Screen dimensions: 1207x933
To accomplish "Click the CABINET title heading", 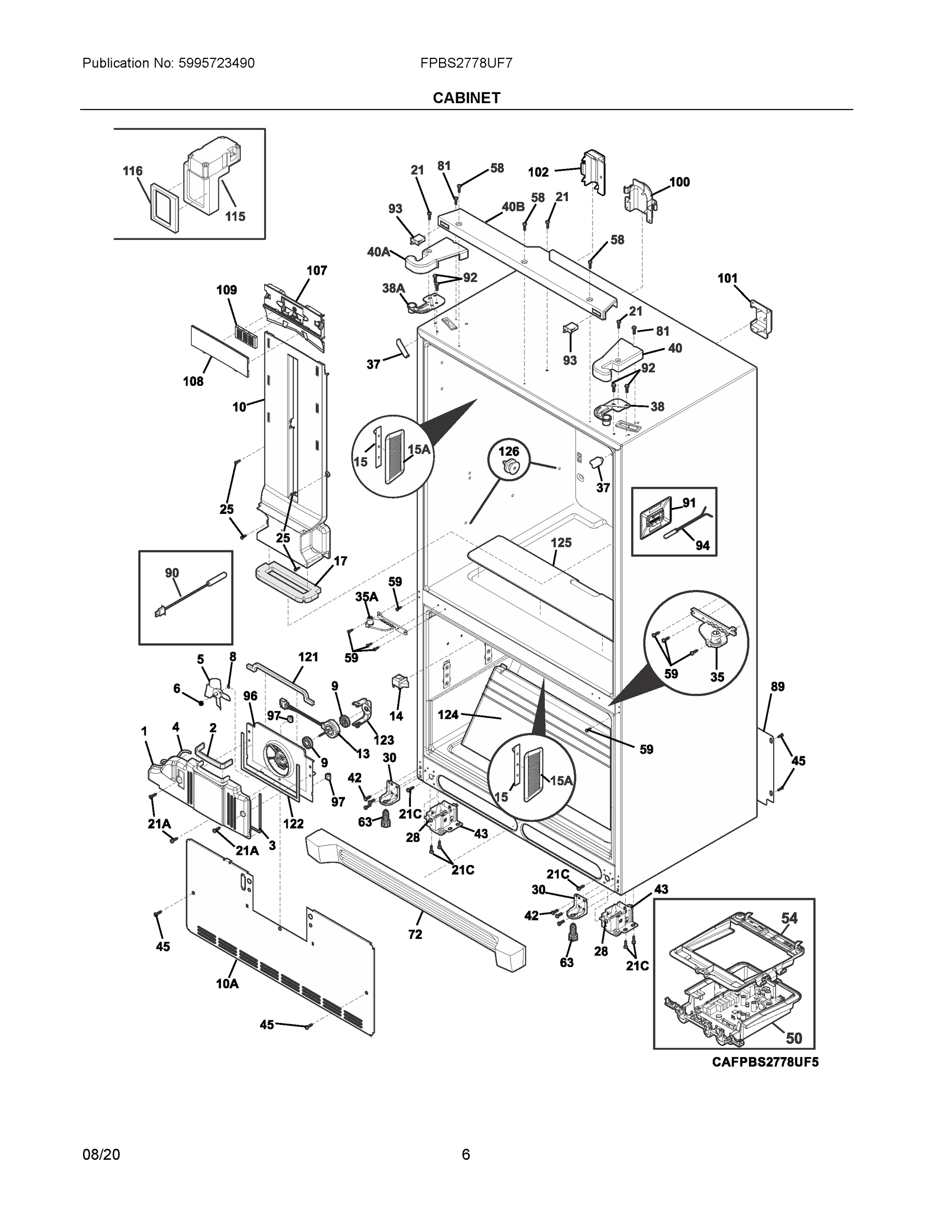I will pos(467,98).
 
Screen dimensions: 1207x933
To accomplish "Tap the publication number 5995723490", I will pos(216,63).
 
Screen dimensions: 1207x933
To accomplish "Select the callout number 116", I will pos(133,171).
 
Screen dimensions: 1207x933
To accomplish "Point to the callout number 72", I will pos(415,934).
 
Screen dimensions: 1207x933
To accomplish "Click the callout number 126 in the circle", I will pos(508,452).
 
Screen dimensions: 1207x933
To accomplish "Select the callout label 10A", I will pos(227,983).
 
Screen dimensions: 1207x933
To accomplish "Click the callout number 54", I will pos(789,918).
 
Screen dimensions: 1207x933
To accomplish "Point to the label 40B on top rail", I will pos(513,207).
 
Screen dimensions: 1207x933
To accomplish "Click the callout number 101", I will pos(727,278).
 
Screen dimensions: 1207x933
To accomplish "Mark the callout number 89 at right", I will pos(778,686).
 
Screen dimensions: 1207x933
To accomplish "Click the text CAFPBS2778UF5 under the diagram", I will pos(765,1062).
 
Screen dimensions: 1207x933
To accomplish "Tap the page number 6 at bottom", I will pos(466,1154).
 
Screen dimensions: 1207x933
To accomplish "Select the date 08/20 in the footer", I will pos(101,1154).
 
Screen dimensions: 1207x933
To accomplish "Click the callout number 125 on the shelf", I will pos(561,542).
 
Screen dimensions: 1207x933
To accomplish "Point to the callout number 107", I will pos(317,270).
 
